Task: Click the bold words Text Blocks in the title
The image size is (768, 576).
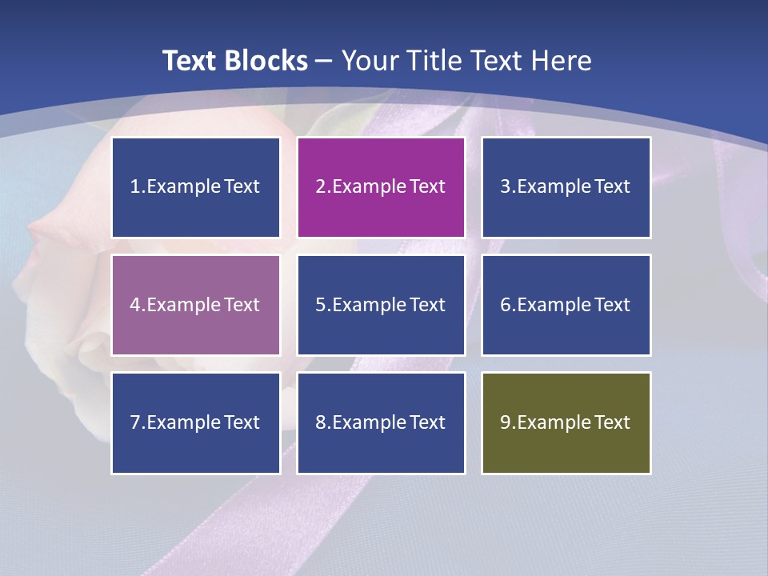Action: click(x=234, y=61)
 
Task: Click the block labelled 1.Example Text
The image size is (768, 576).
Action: click(x=196, y=187)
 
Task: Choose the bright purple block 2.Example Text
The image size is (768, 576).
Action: click(x=381, y=187)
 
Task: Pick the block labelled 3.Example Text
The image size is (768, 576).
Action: click(x=566, y=187)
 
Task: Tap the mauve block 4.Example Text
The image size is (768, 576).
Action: click(x=196, y=305)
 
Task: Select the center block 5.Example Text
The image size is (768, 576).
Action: click(x=381, y=305)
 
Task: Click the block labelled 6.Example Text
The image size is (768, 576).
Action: click(x=566, y=305)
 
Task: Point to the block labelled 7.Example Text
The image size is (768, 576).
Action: click(x=196, y=422)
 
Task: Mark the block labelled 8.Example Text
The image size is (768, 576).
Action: click(x=381, y=422)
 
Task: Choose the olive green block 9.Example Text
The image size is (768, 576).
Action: click(x=566, y=422)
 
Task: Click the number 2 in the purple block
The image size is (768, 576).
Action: click(x=320, y=187)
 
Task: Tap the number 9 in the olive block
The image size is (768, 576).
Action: click(x=506, y=422)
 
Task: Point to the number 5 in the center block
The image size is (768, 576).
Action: click(x=320, y=305)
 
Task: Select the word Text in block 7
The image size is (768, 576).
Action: click(x=242, y=422)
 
